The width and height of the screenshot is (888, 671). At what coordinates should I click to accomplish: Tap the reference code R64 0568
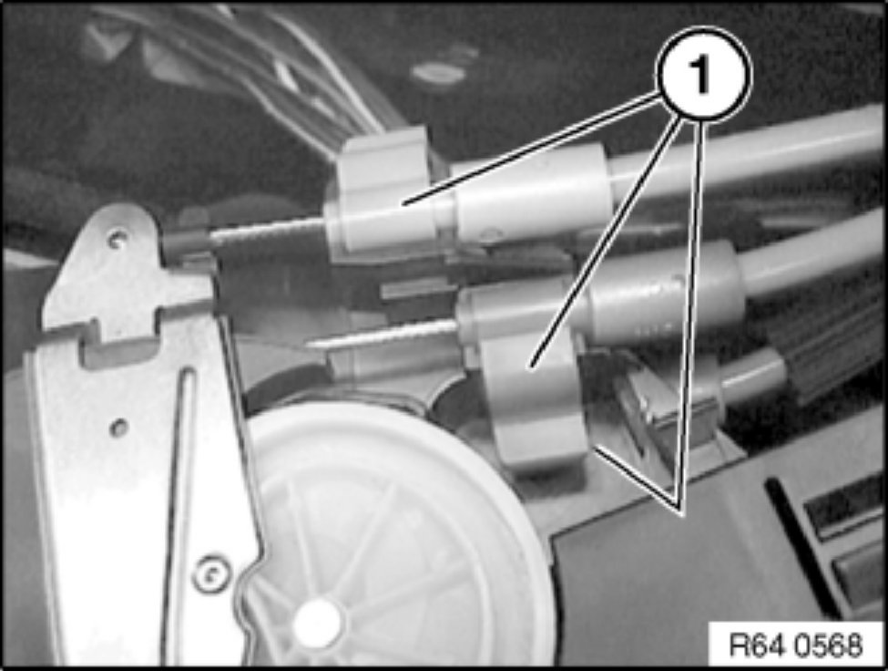coord(796,645)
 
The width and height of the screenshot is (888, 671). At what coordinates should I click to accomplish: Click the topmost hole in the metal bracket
coord(117,238)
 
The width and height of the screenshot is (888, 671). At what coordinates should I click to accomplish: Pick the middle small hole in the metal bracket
coord(118,428)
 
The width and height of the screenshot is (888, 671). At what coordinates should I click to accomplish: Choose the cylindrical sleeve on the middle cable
coord(666,294)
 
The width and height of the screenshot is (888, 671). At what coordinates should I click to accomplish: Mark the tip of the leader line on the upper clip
coord(404,202)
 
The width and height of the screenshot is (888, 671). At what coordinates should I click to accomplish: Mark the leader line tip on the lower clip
coord(531,366)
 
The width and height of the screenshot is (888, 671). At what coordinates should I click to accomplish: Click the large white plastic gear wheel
coord(385,539)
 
